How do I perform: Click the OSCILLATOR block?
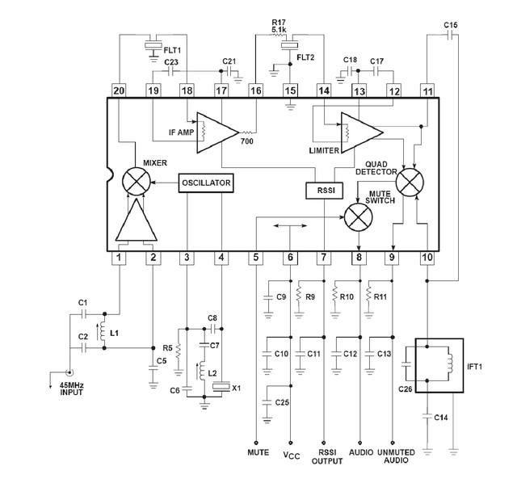tap(206, 183)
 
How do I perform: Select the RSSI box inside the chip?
tap(324, 190)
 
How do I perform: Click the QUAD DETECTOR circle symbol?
tap(413, 183)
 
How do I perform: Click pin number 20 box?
tap(119, 90)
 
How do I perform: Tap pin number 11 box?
tap(427, 90)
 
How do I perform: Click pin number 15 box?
tap(289, 90)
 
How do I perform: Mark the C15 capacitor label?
tap(451, 25)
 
